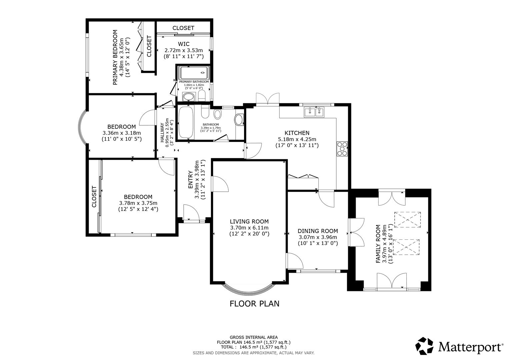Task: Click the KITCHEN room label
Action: (297, 133)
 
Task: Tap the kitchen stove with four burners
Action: (342, 149)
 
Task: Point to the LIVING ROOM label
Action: (249, 221)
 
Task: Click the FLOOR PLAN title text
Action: (254, 304)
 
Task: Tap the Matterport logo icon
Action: (425, 346)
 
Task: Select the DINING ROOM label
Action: (318, 231)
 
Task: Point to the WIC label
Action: (184, 44)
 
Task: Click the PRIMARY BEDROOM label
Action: (115, 57)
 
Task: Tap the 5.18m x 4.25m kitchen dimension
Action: (297, 139)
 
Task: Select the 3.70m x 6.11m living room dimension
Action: (249, 228)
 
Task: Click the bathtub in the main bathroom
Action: (186, 122)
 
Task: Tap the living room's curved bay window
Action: (249, 291)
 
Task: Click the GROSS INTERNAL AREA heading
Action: (253, 337)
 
